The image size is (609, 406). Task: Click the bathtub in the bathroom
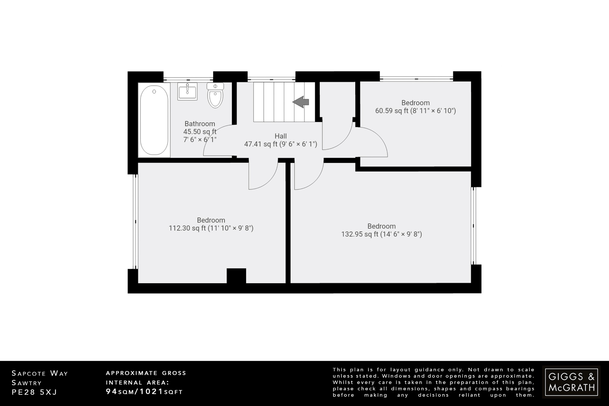154,120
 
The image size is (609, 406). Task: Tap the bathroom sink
187,91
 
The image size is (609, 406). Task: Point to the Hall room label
280,136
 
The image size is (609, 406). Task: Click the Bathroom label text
200,124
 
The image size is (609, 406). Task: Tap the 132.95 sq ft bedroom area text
381,234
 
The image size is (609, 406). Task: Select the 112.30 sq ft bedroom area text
211,228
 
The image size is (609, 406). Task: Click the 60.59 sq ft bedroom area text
415,111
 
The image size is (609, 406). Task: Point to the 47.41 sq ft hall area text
280,145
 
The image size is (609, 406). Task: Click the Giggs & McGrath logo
571,382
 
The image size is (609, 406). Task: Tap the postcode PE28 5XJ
34,392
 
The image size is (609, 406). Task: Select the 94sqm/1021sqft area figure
144,392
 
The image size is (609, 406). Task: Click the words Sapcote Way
40,373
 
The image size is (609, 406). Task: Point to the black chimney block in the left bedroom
236,276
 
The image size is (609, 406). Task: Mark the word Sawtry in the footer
27,383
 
